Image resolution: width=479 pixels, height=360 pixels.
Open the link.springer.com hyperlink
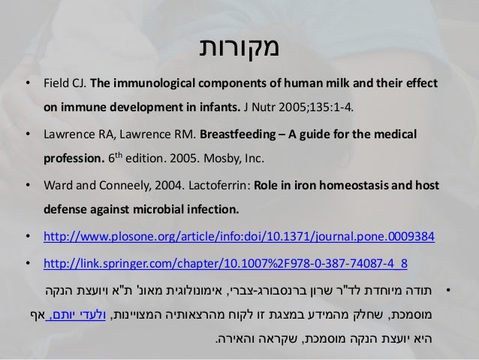[226, 263]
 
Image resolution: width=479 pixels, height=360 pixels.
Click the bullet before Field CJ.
[28, 82]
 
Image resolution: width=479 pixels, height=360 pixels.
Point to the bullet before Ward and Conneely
[28, 186]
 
